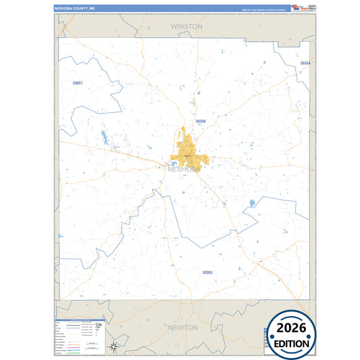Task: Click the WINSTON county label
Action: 186,26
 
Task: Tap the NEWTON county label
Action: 184,328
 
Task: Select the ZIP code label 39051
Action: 78,83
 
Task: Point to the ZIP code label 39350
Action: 200,121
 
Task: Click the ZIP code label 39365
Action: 207,272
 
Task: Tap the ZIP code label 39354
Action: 305,63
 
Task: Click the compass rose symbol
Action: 115,347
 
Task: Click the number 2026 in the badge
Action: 292,329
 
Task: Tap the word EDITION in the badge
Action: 292,343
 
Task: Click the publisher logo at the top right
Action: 297,7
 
